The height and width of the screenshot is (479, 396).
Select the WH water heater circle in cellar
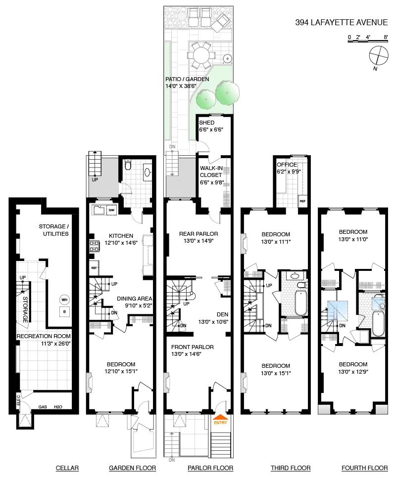(x=64, y=300)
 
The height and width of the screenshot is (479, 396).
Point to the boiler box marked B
(x=64, y=312)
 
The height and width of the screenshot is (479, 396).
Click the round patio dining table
(x=200, y=54)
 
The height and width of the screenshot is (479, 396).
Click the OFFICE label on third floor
(x=287, y=165)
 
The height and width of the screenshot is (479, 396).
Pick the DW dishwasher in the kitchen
(x=111, y=211)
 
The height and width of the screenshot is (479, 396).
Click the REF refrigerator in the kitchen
(x=94, y=267)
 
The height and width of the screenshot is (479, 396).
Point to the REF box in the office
(x=302, y=202)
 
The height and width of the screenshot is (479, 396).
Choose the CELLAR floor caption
(x=67, y=468)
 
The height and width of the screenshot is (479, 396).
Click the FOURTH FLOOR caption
(x=364, y=468)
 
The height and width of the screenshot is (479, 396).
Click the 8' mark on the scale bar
(x=385, y=37)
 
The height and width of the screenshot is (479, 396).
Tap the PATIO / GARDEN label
(x=187, y=79)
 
